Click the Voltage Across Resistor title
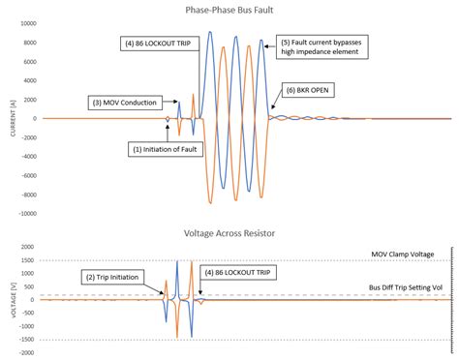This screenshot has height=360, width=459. tap(229, 232)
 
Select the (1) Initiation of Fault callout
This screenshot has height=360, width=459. tap(166, 149)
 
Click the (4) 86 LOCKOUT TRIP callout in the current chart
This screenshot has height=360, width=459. tap(161, 44)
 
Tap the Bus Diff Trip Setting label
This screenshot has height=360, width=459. tap(406, 287)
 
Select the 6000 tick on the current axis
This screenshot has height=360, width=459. tap(29, 61)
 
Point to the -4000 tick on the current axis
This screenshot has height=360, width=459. tap(27, 156)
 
